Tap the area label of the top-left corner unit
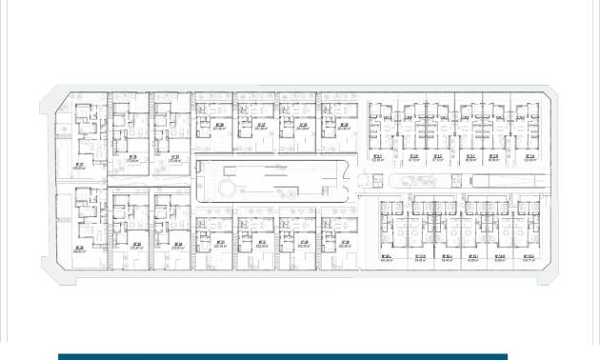[78, 166]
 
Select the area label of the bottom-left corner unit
[78, 250]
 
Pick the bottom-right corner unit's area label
[529, 257]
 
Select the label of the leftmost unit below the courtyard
[219, 244]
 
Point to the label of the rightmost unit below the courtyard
[343, 244]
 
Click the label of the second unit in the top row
[132, 159]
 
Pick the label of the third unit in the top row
[174, 159]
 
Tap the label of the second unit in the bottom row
[136, 246]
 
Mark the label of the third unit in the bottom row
[178, 246]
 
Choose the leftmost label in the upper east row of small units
[377, 159]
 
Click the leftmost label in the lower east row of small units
[387, 257]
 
